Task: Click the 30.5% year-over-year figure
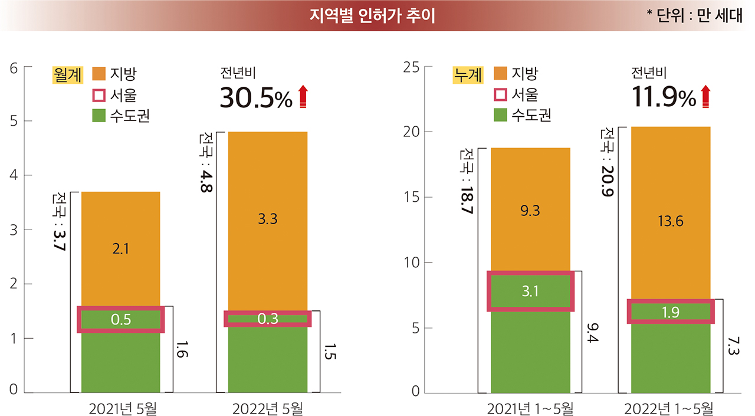(255, 98)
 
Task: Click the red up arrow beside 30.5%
(303, 97)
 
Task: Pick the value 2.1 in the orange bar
(120, 249)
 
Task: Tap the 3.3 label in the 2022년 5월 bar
(268, 220)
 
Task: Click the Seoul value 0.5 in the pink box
(120, 319)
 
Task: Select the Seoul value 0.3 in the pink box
(268, 319)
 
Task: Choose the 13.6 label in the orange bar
(671, 222)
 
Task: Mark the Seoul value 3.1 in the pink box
(530, 291)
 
